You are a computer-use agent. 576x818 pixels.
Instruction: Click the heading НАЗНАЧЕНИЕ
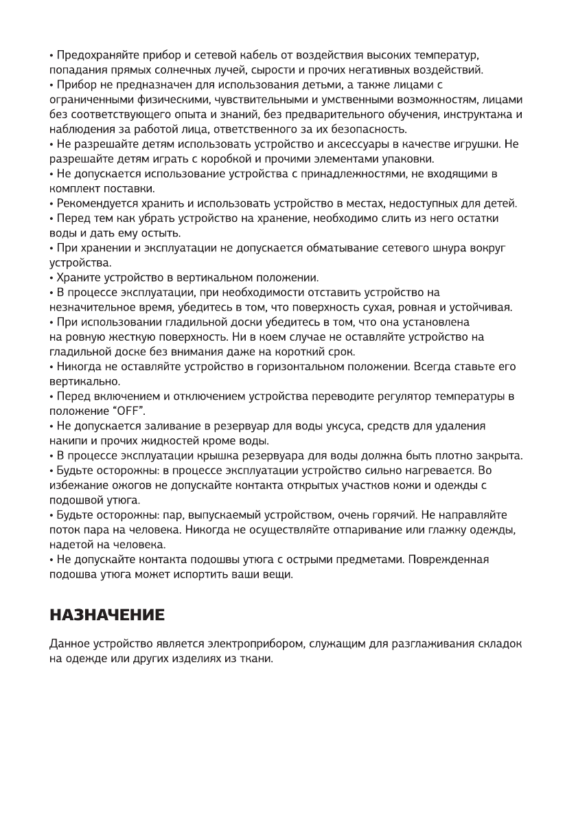click(107, 615)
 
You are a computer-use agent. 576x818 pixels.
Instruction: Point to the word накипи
click(67, 440)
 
